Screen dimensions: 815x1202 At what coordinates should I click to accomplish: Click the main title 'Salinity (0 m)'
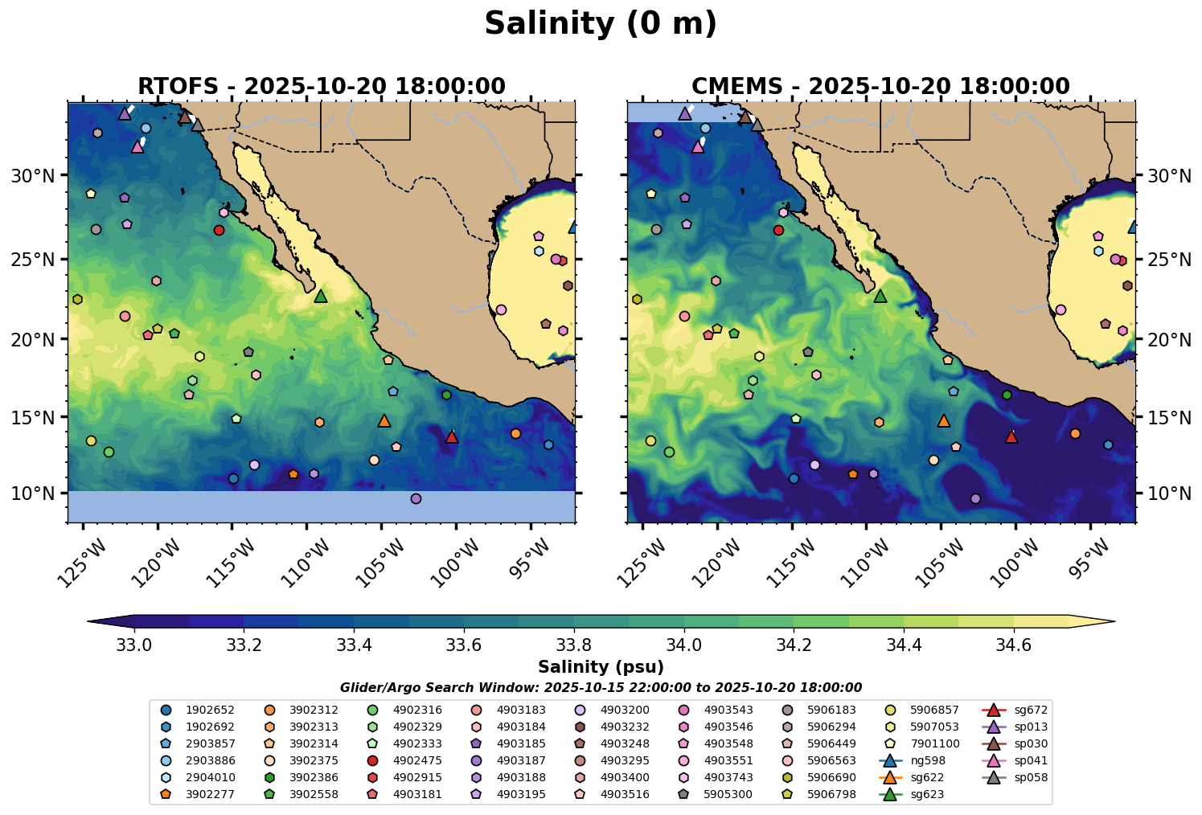coord(601,24)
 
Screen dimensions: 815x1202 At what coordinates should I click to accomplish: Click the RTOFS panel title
coord(322,86)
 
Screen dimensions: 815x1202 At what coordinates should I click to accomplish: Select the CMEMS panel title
coord(880,86)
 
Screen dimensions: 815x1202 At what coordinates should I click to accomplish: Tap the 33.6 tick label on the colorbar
coord(464,645)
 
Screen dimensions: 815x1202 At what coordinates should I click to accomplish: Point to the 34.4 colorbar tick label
coord(904,645)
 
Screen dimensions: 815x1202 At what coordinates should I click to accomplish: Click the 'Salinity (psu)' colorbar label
coord(601,667)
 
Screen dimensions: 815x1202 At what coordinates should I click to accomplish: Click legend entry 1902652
coord(201,710)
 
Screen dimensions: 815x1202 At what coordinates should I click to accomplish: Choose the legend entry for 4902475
coord(408,760)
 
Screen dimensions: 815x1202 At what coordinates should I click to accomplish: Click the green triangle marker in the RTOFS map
coord(321,296)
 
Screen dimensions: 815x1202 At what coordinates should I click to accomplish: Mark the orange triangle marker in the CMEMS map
coord(944,420)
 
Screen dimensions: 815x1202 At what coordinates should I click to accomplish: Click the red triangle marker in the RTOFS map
coord(452,436)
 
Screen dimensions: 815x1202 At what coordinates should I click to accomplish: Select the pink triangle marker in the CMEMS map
coord(698,146)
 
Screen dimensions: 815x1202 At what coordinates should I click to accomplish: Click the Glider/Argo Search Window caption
coord(601,688)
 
